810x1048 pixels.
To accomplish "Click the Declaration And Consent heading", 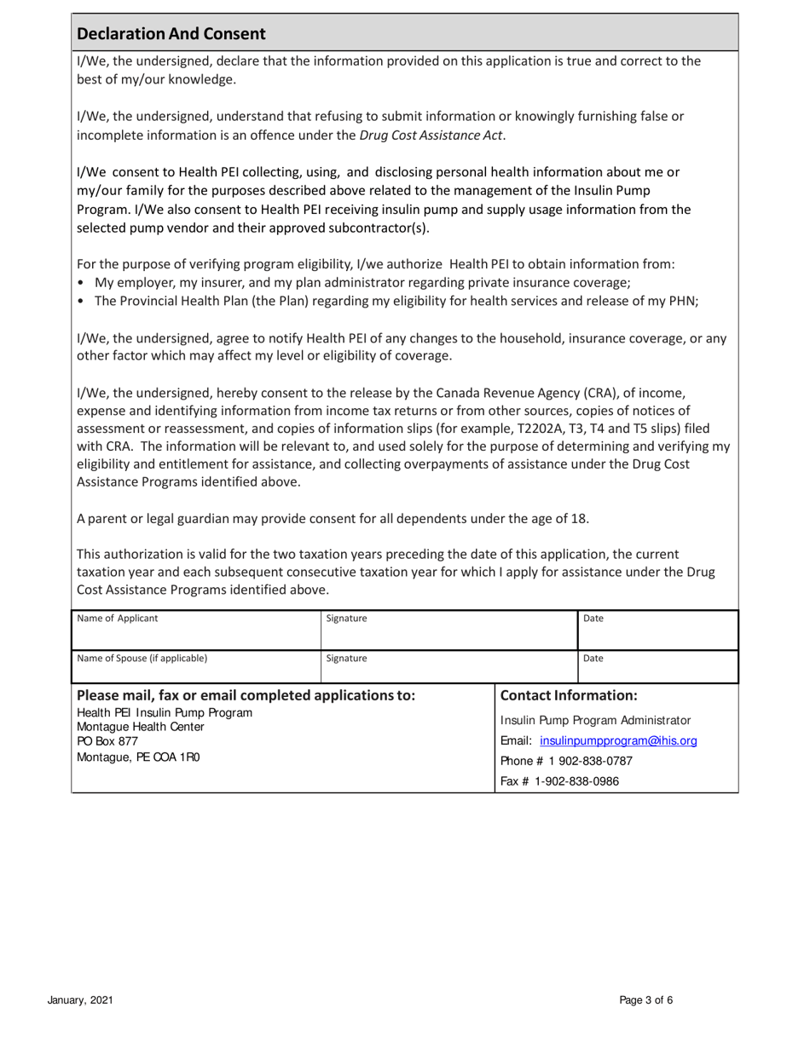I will pos(171,35).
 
